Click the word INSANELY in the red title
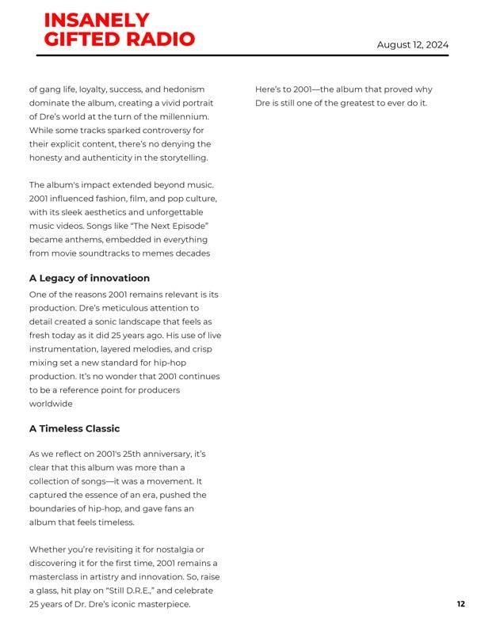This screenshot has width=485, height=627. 97,21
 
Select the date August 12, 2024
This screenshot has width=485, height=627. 412,44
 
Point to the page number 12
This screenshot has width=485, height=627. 460,604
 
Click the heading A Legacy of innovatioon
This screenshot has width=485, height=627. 90,278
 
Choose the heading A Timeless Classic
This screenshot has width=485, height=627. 74,428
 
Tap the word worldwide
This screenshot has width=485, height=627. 51,404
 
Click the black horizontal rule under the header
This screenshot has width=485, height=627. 242,55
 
